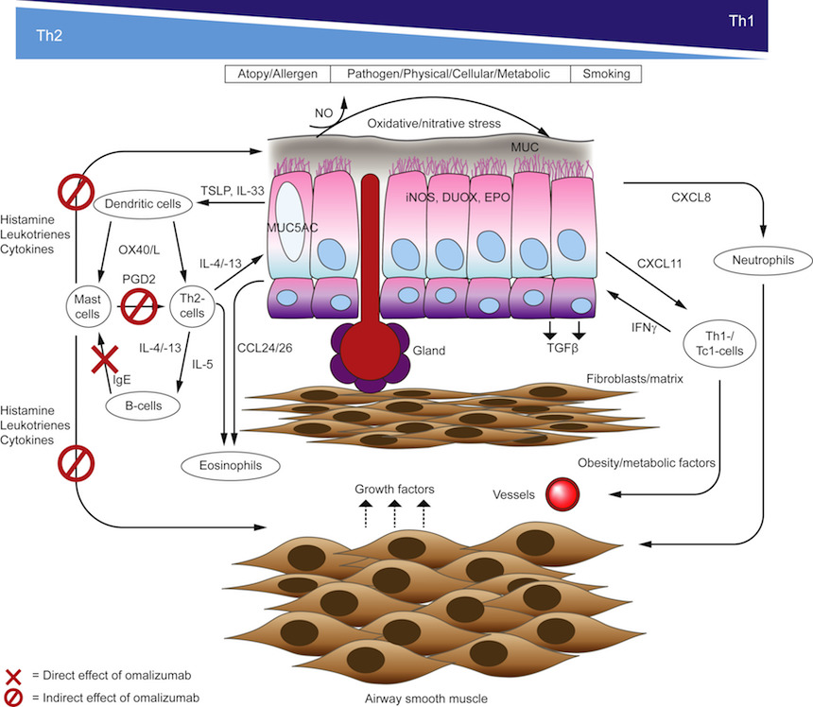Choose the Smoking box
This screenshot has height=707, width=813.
point(608,74)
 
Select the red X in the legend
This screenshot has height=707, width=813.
point(13,677)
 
